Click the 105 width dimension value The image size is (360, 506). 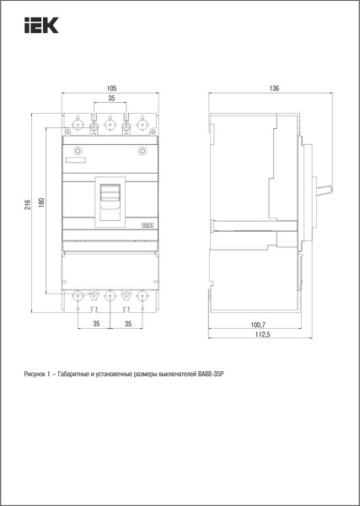pyautogui.click(x=110, y=88)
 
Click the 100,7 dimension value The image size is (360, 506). pyautogui.click(x=258, y=324)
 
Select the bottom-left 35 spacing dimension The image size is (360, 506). pyautogui.click(x=94, y=324)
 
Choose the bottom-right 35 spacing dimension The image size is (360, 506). pyautogui.click(x=126, y=324)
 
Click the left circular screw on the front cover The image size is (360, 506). pyautogui.click(x=78, y=152)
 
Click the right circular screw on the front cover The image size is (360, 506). pyautogui.click(x=142, y=152)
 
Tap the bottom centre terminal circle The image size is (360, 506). pyautogui.click(x=110, y=295)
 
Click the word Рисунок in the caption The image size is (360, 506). pyautogui.click(x=38, y=373)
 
